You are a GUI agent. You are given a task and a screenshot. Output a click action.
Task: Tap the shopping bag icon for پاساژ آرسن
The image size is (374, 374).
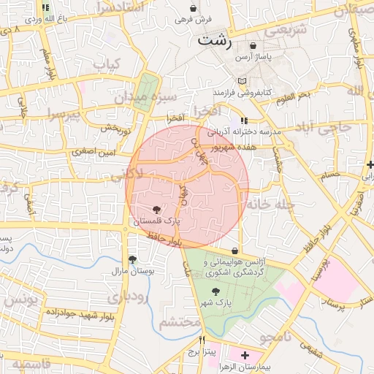[253, 45]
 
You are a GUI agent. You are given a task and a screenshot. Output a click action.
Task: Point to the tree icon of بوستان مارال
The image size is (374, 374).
[132, 259]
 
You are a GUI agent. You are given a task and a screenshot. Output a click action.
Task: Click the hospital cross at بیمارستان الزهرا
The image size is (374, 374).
[245, 355]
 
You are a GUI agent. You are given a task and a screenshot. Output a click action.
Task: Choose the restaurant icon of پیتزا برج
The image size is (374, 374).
[202, 340]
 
